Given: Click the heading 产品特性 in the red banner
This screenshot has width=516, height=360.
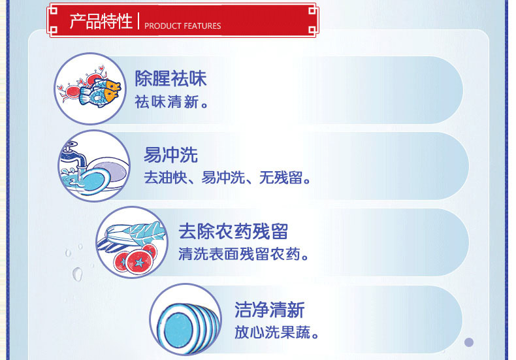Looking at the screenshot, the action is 101,22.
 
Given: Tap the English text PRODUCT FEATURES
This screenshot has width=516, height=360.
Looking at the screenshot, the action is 183,26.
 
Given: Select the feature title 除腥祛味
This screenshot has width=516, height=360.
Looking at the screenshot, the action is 170,78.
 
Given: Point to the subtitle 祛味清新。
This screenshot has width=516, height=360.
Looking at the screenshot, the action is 171,102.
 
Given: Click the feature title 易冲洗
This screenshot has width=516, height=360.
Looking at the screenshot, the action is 170,155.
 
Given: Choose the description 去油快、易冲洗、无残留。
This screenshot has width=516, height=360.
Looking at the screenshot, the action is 227,178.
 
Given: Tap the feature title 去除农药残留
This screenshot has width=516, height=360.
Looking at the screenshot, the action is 233,231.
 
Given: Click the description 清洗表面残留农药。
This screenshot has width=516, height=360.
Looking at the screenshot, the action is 244,254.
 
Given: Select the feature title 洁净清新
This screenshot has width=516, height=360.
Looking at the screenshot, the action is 270,310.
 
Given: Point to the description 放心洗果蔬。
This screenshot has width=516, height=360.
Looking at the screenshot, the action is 277,333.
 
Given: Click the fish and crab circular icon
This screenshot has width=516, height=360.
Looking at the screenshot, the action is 90,89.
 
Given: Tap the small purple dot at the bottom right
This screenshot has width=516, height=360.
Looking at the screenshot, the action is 469,342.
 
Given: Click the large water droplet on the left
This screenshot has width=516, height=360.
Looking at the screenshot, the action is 78,274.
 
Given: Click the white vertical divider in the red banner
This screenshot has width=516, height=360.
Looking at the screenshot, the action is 138,21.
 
